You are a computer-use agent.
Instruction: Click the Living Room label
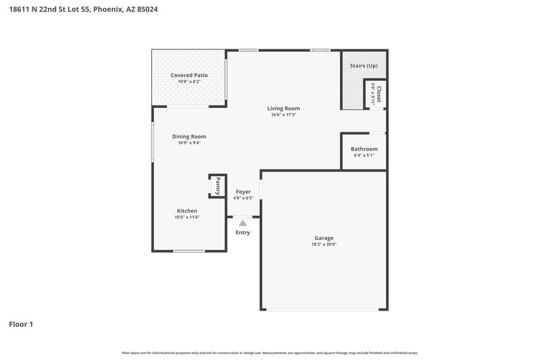[x=283, y=108]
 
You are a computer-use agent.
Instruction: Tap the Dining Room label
[x=189, y=136]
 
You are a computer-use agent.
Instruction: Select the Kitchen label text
[x=187, y=211]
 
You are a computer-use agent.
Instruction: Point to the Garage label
[x=323, y=238]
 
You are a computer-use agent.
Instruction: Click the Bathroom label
[x=364, y=149]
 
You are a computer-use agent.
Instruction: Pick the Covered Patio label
[x=189, y=75]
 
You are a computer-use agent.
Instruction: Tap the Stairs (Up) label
[x=363, y=66]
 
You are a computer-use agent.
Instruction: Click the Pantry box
[x=217, y=185]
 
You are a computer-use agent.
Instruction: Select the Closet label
[x=379, y=93]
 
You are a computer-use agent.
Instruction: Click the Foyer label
[x=243, y=192]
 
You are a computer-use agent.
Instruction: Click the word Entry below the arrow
[x=243, y=233]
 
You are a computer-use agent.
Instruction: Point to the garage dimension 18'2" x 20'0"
[x=323, y=245]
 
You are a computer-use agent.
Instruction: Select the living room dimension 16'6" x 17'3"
[x=283, y=115]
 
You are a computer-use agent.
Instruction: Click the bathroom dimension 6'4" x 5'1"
[x=364, y=155]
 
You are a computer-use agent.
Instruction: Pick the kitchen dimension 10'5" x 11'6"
[x=187, y=217]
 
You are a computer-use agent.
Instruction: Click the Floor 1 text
[x=20, y=324]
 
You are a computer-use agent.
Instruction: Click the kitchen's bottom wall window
[x=189, y=251]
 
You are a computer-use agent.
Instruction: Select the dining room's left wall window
[x=153, y=142]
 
